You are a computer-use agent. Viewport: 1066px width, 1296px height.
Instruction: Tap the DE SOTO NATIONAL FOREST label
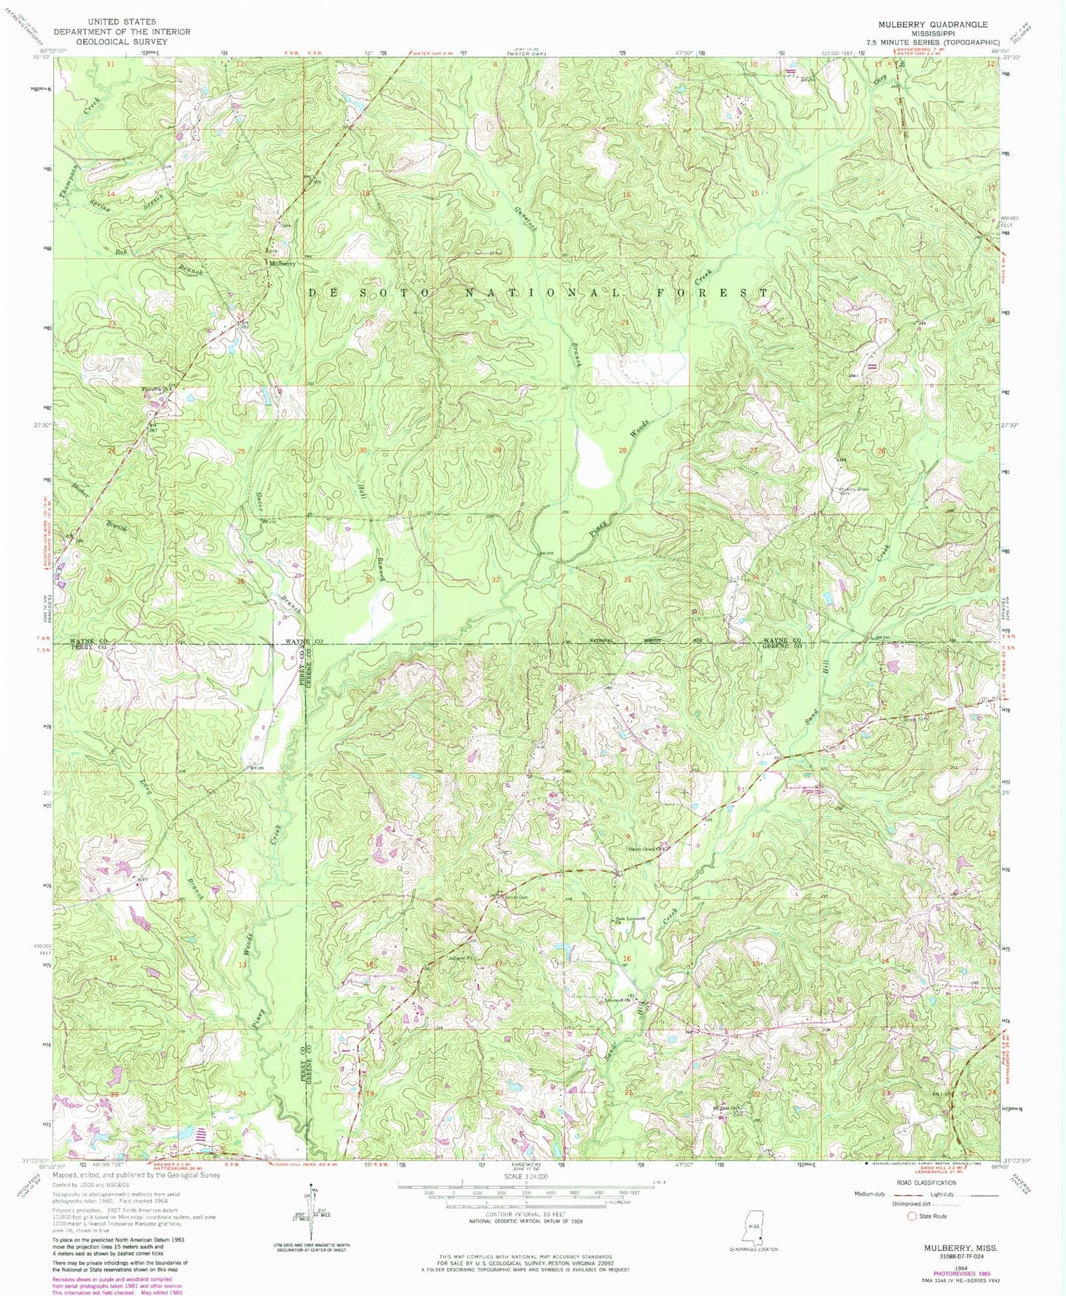(x=537, y=293)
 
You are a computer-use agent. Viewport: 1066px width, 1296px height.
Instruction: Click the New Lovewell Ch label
(x=631, y=919)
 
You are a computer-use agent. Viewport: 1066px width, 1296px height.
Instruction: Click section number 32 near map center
(x=496, y=580)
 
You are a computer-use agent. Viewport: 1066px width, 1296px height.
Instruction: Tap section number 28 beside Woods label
(x=623, y=450)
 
